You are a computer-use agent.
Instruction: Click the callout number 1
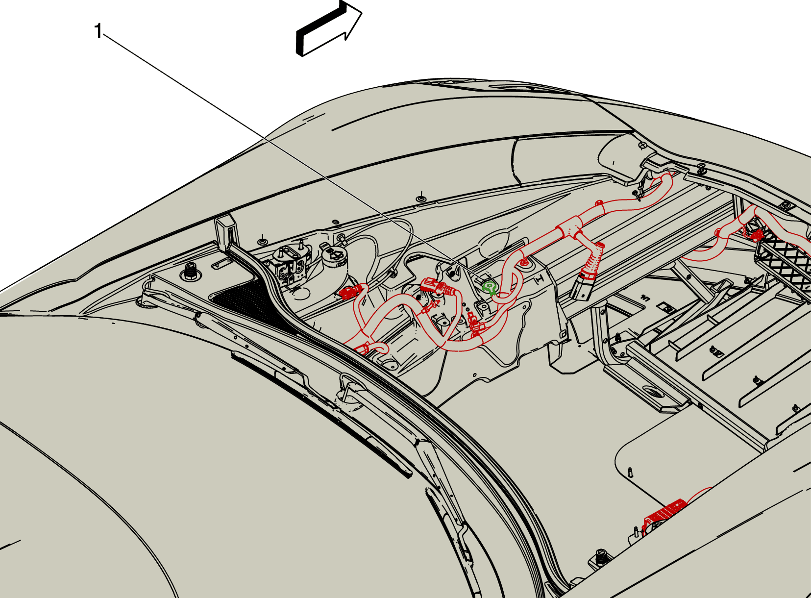click(x=98, y=31)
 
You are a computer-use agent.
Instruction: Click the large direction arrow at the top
click(x=329, y=28)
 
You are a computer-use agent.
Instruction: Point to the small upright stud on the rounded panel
click(x=631, y=473)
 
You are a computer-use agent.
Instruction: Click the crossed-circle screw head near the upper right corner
click(x=642, y=145)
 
